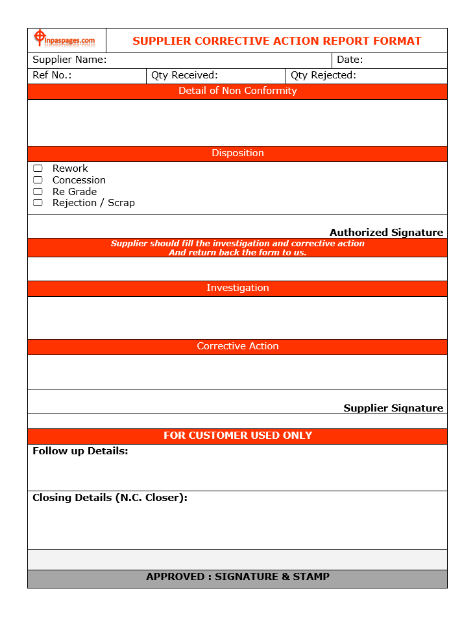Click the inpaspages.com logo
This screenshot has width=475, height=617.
point(65,40)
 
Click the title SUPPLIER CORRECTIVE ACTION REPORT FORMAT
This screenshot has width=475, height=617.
point(276,41)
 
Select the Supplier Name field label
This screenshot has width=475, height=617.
point(69,60)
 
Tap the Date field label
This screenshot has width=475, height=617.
point(350,60)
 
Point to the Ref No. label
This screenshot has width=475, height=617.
point(52,75)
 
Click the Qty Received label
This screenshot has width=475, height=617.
point(184,75)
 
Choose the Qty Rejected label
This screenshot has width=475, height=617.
point(323,75)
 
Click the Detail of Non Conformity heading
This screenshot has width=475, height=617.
point(237,91)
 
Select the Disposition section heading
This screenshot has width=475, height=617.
point(237,153)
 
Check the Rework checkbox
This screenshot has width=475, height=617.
point(38,169)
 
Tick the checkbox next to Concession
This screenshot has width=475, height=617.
point(38,180)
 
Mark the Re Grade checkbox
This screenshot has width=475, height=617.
point(38,192)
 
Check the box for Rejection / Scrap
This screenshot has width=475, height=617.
point(38,203)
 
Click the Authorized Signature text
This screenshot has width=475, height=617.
point(386,232)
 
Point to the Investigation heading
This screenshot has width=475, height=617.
point(237,288)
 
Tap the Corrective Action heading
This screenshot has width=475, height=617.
point(237,346)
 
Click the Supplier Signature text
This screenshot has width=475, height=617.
point(393,408)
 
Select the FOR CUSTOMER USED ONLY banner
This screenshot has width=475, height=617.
point(237,436)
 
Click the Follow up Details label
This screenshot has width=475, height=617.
point(80,451)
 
